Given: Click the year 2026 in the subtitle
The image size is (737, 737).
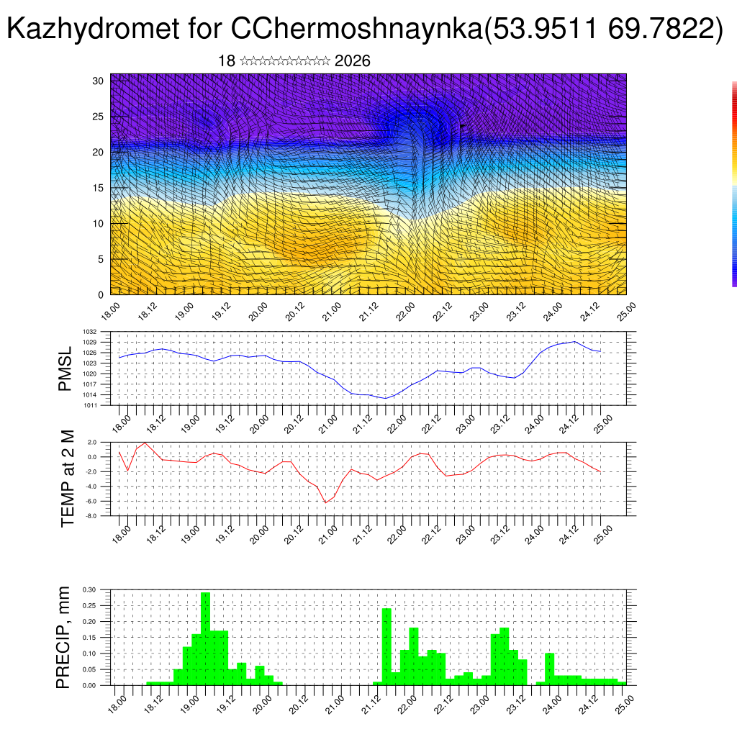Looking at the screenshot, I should pyautogui.click(x=353, y=61).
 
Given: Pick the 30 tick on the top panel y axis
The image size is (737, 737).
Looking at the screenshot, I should pyautogui.click(x=99, y=81).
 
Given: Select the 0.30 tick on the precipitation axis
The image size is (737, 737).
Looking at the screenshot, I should pyautogui.click(x=89, y=589).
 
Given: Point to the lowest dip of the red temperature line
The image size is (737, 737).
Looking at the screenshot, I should pyautogui.click(x=325, y=502).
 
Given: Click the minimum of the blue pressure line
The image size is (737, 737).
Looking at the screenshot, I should pyautogui.click(x=386, y=398).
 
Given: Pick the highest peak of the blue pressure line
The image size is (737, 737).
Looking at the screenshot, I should pyautogui.click(x=574, y=342).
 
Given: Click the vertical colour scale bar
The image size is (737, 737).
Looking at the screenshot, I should pyautogui.click(x=734, y=184).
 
